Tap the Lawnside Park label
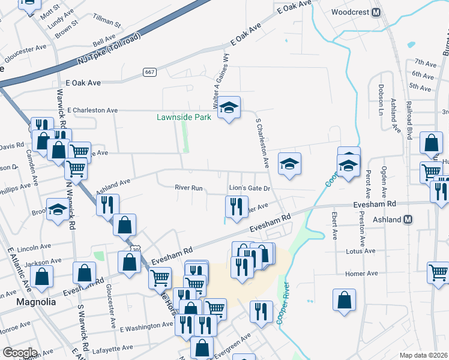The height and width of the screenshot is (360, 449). click(184, 117)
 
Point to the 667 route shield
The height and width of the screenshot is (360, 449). click(150, 72)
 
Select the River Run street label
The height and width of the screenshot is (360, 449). click(188, 188)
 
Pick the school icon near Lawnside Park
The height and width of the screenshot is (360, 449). click(228, 108)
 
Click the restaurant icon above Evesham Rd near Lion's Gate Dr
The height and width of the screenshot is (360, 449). click(236, 206)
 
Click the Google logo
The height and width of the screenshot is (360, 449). click(20, 353)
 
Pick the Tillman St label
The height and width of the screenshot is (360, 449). click(108, 24)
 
